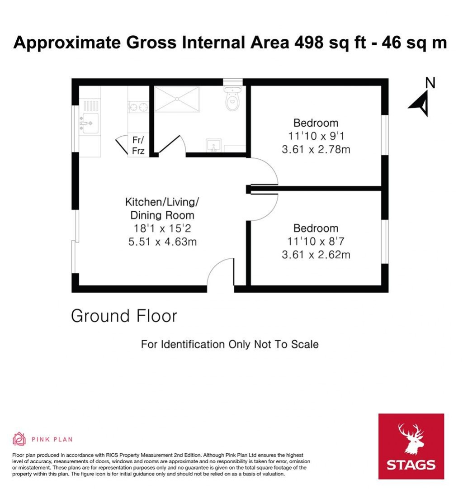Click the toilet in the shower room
pos(232,101)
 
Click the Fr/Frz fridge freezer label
pos(138,145)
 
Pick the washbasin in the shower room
pos(212,146)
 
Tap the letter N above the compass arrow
pos(430,82)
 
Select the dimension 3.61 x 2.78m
pos(316,149)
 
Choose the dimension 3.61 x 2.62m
pos(316,255)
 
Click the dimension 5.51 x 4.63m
pos(162,242)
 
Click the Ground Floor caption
pos(124,316)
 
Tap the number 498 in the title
pos(310,43)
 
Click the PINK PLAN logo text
pos(52,439)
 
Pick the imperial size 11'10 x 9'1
pos(316,136)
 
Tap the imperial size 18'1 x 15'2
pos(162,228)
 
